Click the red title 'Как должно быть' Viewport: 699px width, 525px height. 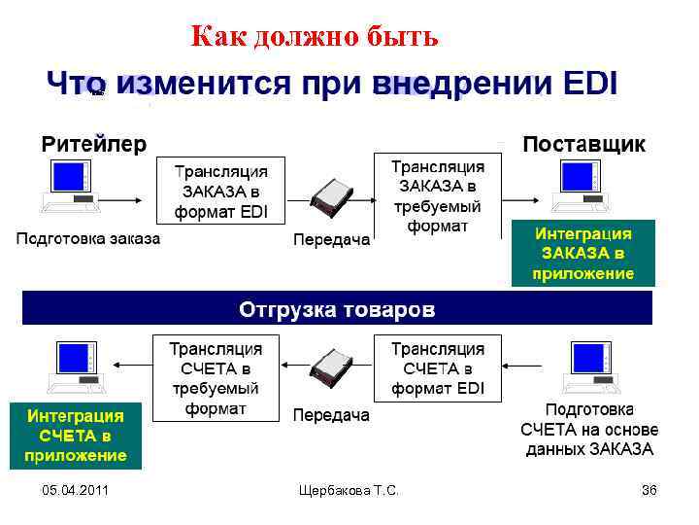[315, 37]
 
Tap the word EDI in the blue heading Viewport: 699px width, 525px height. [589, 85]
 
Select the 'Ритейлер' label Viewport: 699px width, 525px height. [94, 145]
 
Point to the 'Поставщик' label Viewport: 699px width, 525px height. [583, 145]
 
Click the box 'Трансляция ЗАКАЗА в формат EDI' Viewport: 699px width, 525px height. [220, 192]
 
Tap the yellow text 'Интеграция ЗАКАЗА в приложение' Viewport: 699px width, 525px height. [583, 254]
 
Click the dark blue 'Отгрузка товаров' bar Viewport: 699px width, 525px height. [337, 310]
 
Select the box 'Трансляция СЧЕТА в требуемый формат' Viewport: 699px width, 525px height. [216, 378]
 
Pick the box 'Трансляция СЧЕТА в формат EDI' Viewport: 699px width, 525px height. [437, 368]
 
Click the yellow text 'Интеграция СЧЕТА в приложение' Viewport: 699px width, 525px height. [76, 436]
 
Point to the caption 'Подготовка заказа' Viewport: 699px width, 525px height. [87, 239]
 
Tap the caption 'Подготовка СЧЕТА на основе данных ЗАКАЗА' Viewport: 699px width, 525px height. [589, 430]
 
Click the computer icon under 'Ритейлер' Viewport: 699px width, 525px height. [69, 186]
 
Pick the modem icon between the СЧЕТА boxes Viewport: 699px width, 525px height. [330, 368]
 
